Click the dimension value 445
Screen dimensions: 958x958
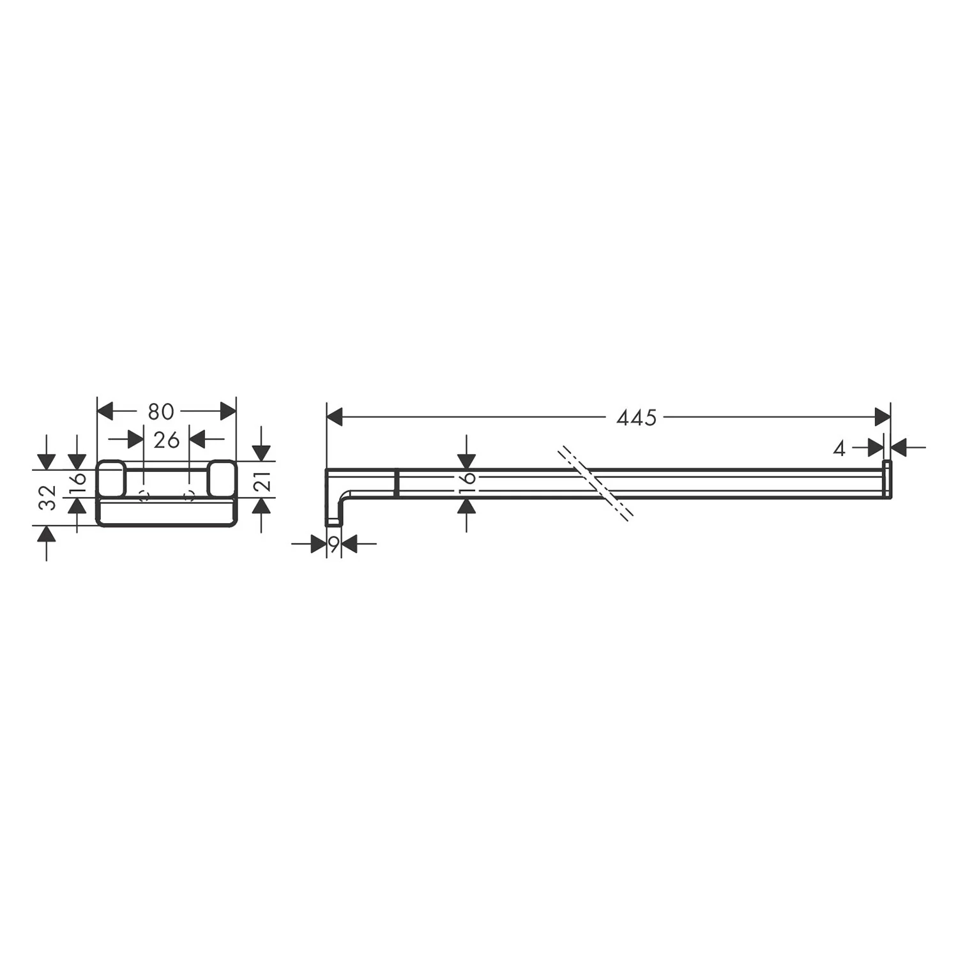pos(636,418)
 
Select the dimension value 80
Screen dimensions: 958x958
pos(161,412)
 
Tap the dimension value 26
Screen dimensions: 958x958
pos(167,439)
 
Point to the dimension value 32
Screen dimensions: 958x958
pos(49,498)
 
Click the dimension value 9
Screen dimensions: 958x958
pos(333,544)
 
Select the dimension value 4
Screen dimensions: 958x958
pos(839,449)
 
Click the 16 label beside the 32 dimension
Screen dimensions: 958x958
pos(77,478)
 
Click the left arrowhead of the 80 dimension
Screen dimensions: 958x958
pos(105,412)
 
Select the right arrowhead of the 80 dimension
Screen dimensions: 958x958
pos(227,412)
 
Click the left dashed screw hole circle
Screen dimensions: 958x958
pos(144,496)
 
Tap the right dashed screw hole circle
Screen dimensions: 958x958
pos(188,496)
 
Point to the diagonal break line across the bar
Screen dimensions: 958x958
pos(595,482)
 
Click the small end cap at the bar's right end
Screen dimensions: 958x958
pos(886,478)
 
